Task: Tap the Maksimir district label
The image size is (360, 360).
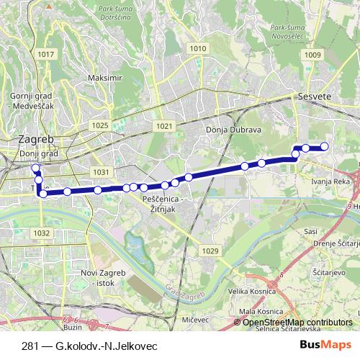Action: tap(102, 77)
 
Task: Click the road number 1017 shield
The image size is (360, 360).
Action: tap(48, 55)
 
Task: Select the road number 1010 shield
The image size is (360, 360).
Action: tap(197, 48)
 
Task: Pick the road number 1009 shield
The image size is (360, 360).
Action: tap(312, 55)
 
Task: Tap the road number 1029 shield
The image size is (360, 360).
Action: tap(210, 250)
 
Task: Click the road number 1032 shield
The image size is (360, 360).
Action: tap(42, 233)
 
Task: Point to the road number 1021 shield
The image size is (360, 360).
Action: tap(164, 125)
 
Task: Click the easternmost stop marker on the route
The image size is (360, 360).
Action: tap(324, 147)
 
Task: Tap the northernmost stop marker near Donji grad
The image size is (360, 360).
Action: tap(35, 168)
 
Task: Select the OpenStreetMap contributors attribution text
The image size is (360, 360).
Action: tap(296, 323)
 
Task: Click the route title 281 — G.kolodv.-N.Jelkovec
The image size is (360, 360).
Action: tap(90, 346)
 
